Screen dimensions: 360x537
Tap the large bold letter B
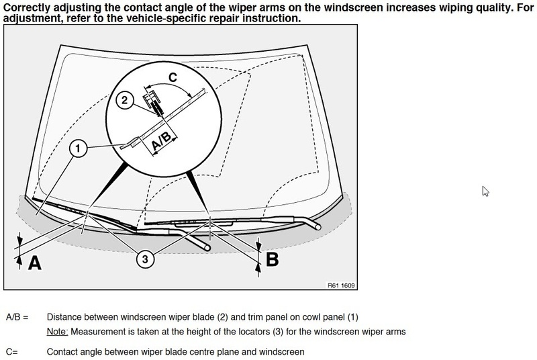tap(271, 259)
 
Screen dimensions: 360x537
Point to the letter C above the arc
tap(173, 79)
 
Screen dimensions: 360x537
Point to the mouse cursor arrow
tap(485, 191)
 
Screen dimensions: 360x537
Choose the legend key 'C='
tap(13, 351)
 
